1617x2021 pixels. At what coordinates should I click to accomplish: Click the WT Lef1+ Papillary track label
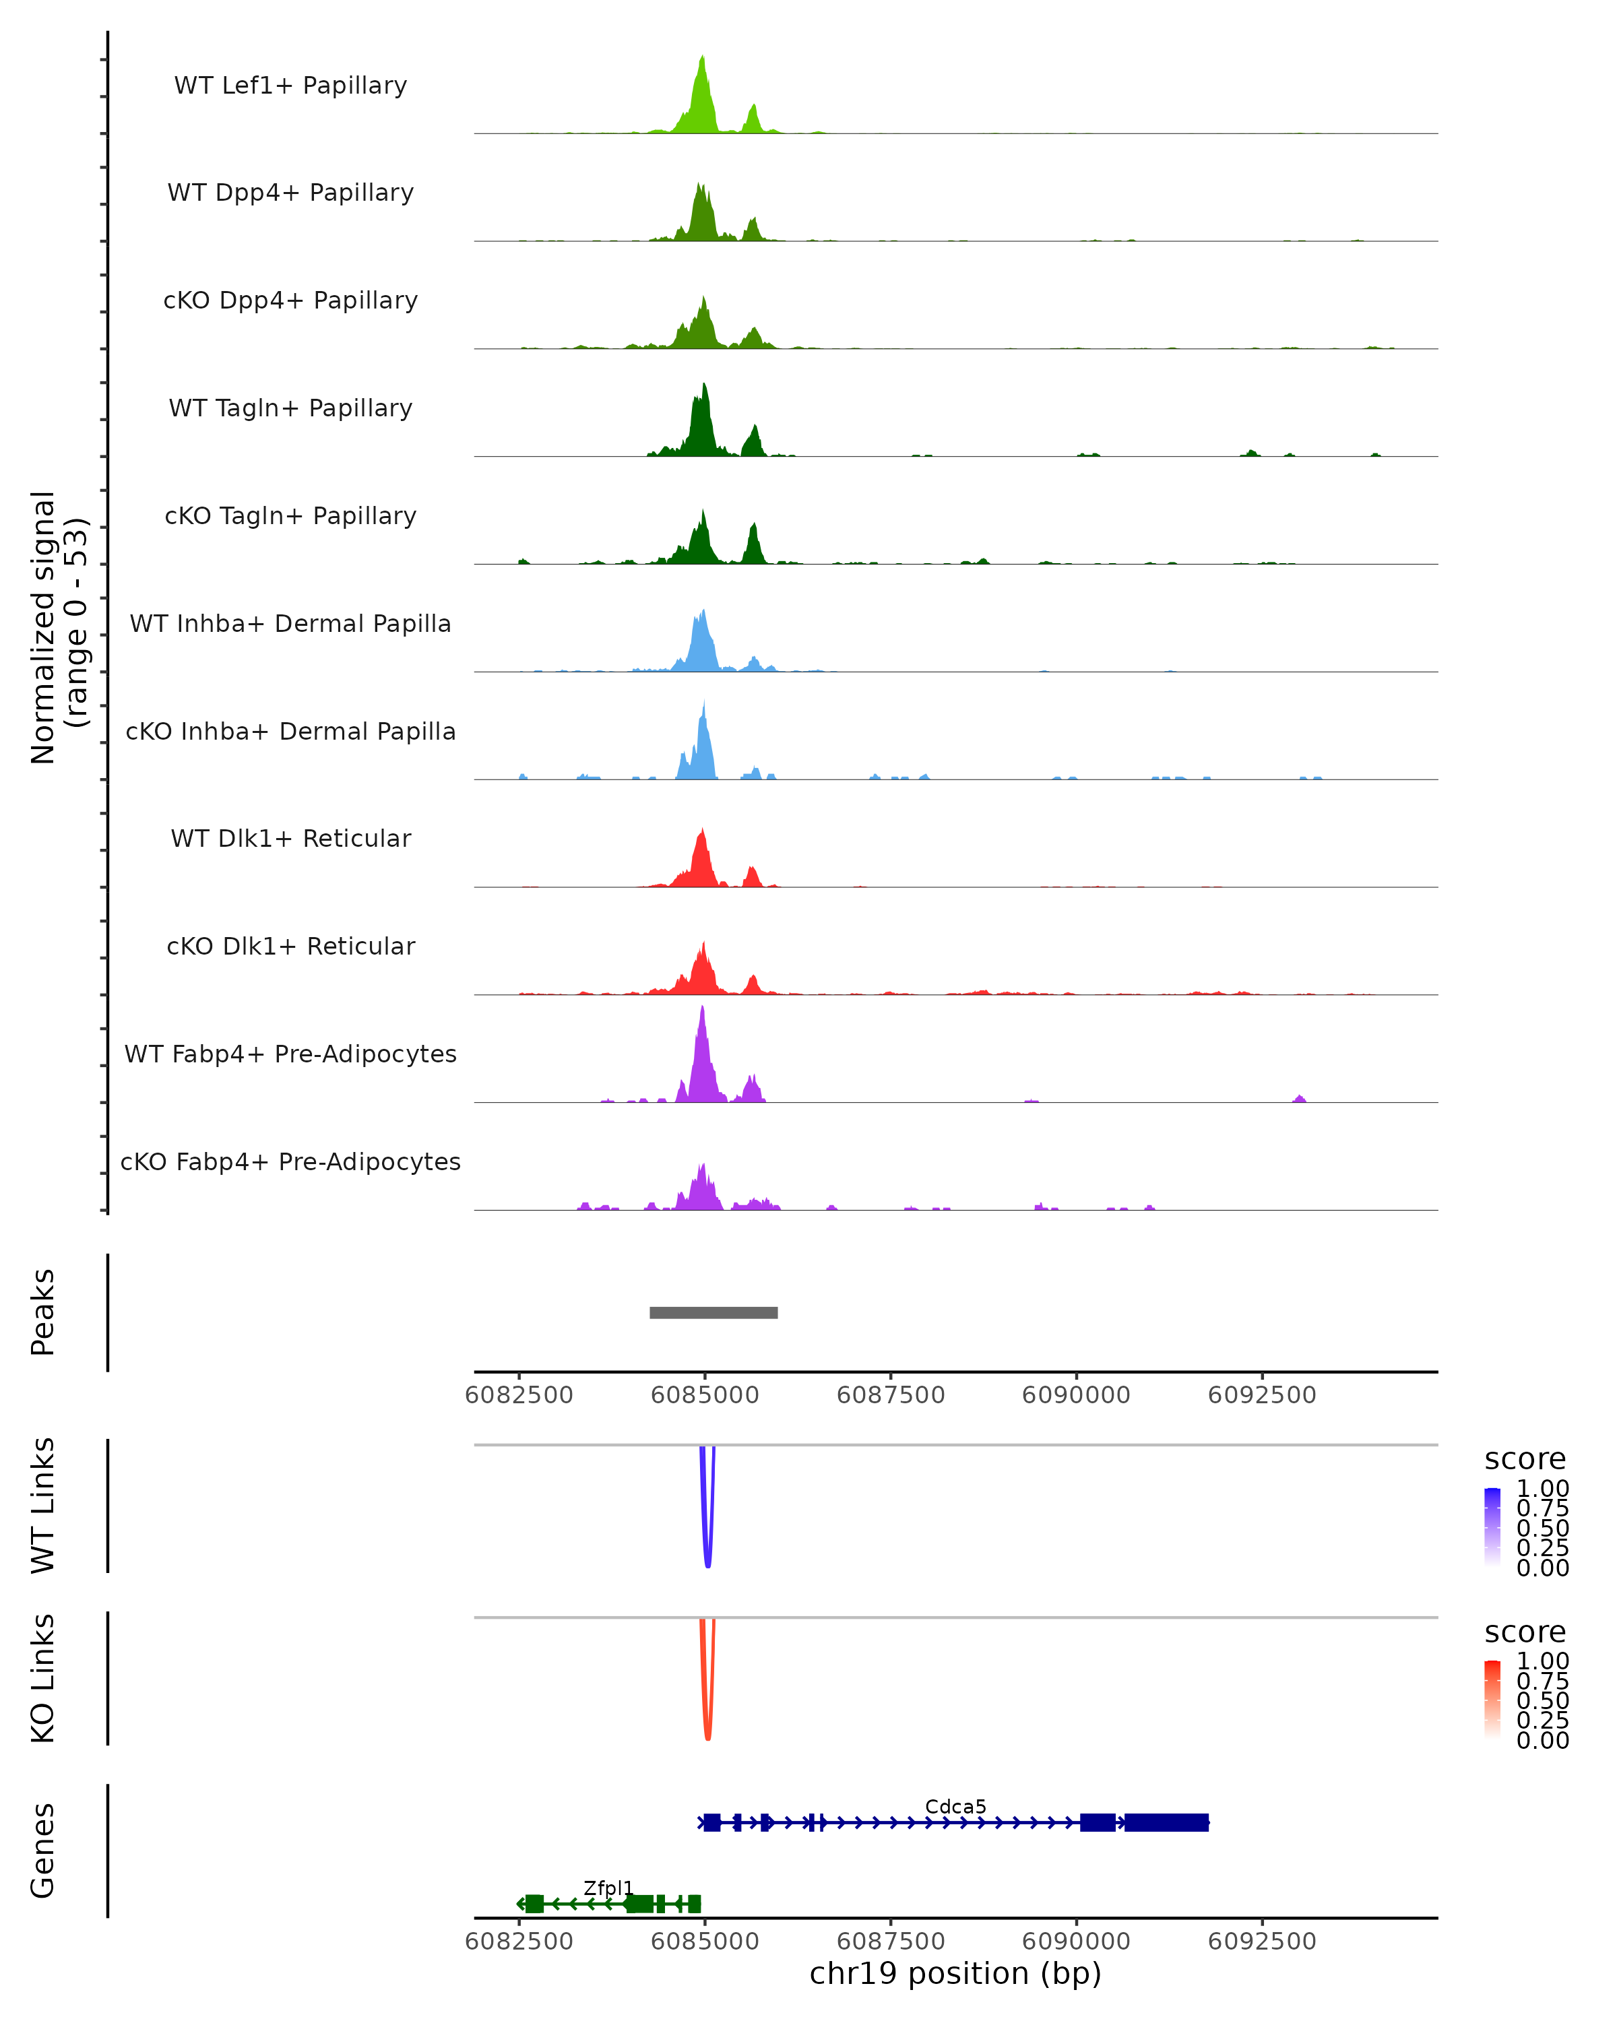(x=290, y=86)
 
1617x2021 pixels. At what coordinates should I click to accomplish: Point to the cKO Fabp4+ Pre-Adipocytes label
(x=290, y=1161)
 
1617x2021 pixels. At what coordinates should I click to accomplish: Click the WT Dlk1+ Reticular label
(x=290, y=839)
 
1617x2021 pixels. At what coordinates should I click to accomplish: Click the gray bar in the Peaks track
(x=714, y=1312)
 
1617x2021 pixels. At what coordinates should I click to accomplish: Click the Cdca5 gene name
(x=955, y=1806)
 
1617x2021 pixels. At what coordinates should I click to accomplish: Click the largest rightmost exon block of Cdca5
(x=1166, y=1822)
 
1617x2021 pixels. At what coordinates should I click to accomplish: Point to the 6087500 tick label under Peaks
(x=891, y=1395)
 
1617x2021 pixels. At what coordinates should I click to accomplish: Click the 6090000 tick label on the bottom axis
(x=1076, y=1942)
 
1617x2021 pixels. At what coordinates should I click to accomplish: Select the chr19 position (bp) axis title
(x=955, y=1974)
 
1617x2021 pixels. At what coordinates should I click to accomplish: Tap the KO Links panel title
(x=43, y=1678)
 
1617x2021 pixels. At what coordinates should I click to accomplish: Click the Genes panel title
(x=43, y=1851)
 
